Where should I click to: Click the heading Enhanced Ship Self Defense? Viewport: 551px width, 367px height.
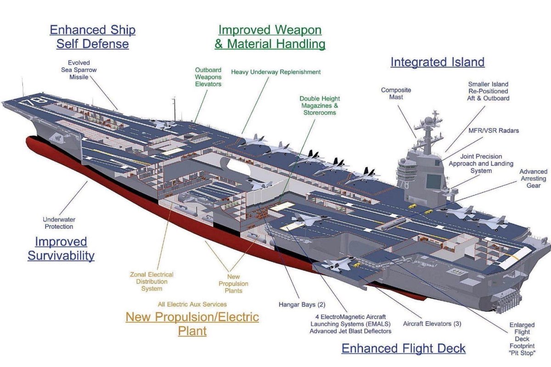point(92,37)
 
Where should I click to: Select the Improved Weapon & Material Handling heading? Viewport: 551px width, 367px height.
point(270,37)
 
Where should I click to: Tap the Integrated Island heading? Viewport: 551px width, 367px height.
point(437,62)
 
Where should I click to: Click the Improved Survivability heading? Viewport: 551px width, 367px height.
point(61,249)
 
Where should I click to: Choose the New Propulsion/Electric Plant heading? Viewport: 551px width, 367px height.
point(192,323)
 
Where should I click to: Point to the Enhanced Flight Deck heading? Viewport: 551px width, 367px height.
point(404,348)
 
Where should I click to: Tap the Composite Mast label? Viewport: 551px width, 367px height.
point(396,94)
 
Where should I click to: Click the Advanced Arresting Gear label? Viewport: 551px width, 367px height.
point(533,178)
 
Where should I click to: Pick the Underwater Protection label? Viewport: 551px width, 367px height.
point(58,223)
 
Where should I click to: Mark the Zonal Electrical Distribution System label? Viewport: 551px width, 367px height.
point(152,282)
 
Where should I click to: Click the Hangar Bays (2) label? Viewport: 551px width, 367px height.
point(302,304)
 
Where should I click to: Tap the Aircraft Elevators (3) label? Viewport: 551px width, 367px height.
point(432,324)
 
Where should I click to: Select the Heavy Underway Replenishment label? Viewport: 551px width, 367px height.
point(275,72)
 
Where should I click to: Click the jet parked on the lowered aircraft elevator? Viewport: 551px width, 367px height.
point(338,263)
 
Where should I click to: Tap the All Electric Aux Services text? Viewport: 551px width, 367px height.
point(192,304)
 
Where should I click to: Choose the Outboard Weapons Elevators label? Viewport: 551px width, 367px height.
point(208,77)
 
